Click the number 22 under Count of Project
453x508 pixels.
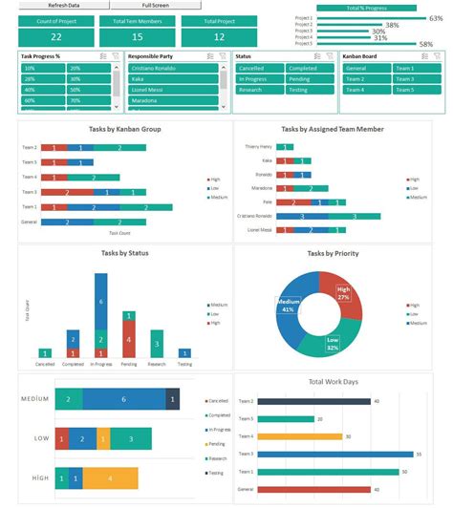(x=55, y=36)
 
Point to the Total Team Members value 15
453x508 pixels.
(x=137, y=36)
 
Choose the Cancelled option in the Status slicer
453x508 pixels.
(x=259, y=69)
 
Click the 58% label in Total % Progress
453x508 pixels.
(x=423, y=45)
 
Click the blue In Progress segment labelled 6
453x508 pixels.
(x=100, y=301)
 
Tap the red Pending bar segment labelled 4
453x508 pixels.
(x=129, y=339)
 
